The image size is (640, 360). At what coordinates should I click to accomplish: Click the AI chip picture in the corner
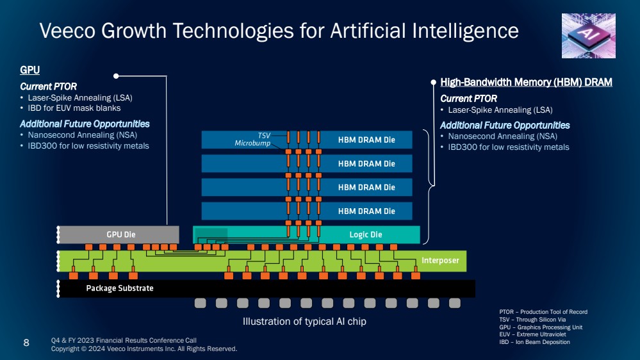(589, 36)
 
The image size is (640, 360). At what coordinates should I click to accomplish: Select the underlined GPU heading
(30, 70)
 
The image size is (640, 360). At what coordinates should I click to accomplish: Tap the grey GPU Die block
(119, 234)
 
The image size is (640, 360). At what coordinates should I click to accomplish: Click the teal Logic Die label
(366, 234)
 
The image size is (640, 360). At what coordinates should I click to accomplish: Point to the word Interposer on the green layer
(440, 261)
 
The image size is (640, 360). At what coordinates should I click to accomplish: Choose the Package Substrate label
(120, 288)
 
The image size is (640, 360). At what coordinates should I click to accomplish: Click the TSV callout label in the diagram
(264, 136)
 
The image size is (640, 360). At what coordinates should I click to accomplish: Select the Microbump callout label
(252, 143)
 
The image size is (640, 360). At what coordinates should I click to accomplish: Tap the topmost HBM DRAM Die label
(366, 140)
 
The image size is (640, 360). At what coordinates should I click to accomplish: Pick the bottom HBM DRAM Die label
(366, 211)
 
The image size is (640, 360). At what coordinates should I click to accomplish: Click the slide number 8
(26, 343)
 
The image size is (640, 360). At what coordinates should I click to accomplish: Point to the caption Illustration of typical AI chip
(304, 322)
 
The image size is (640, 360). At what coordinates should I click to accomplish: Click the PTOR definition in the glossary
(543, 312)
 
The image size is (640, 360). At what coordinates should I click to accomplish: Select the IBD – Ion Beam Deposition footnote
(534, 342)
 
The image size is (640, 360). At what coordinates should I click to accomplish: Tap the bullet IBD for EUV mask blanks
(74, 108)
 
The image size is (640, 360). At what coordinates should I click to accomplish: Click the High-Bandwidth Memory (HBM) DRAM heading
(526, 83)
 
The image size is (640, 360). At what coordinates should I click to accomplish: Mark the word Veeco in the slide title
(68, 31)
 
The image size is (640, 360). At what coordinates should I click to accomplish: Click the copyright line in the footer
(144, 349)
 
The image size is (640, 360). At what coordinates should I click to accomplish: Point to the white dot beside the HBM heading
(434, 83)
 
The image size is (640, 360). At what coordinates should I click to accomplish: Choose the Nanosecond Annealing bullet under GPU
(83, 135)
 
